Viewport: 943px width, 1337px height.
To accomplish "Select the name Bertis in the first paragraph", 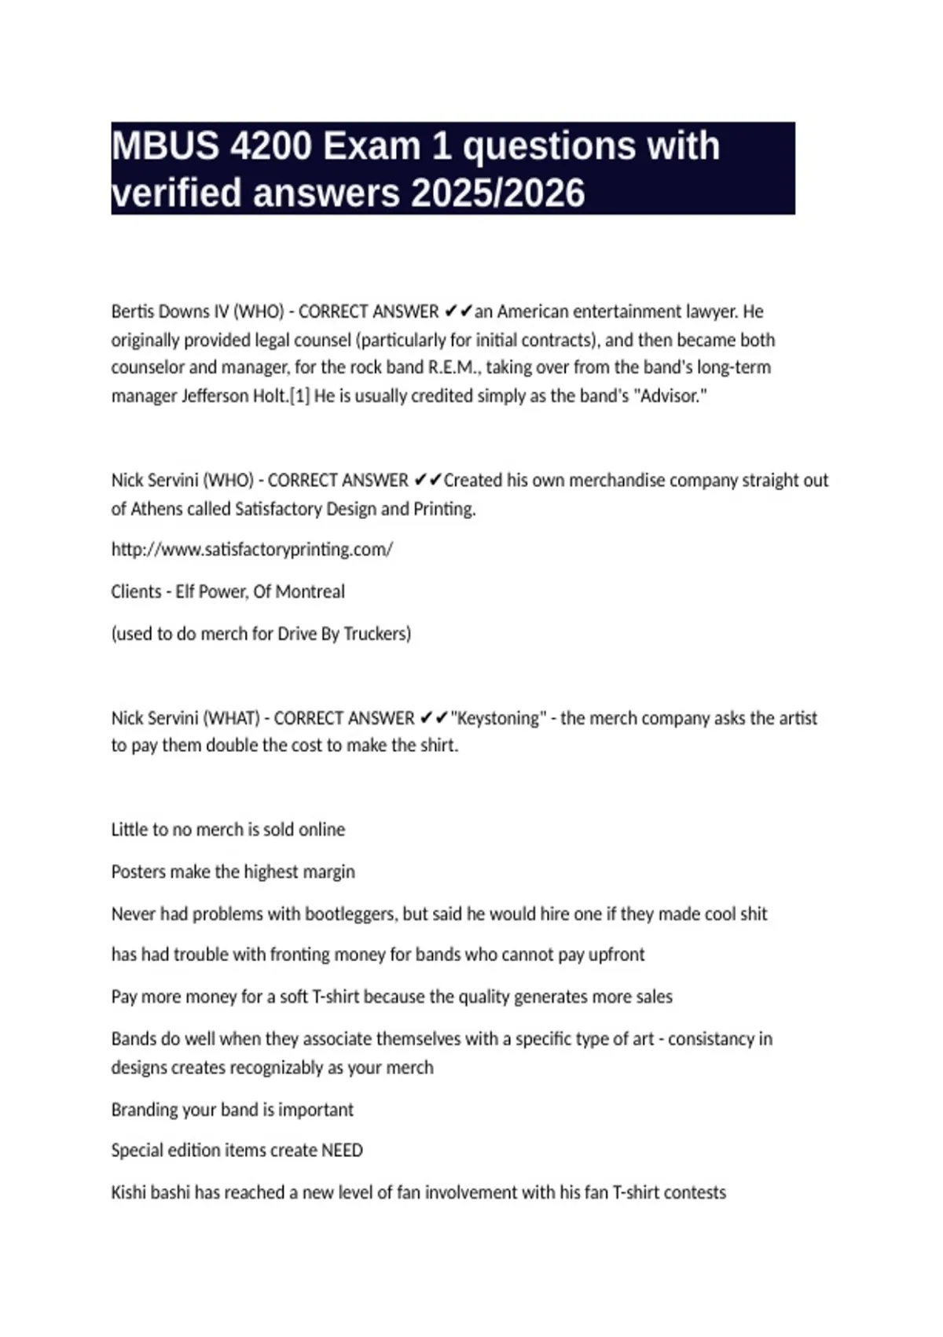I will (x=135, y=311).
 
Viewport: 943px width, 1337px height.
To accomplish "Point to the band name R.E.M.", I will (x=452, y=367).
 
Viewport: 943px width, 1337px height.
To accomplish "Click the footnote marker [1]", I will (x=299, y=396).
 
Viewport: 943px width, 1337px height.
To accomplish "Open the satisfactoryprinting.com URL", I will (x=251, y=549).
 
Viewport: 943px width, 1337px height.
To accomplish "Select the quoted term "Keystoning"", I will (x=498, y=718).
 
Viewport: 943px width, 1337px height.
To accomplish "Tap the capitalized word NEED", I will (x=342, y=1150).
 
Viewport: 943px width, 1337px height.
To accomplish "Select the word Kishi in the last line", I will (x=128, y=1192).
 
